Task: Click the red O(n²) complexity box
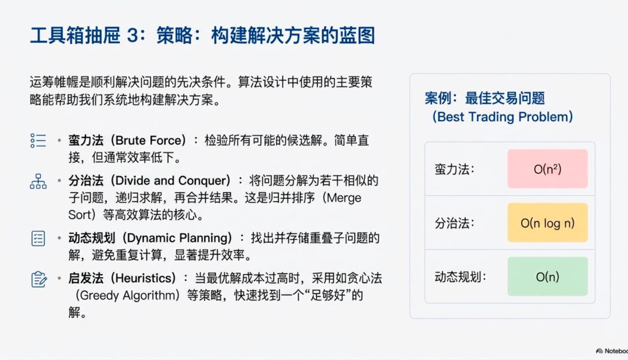tap(547, 169)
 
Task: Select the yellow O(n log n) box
tap(547, 223)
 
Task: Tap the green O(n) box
tap(547, 277)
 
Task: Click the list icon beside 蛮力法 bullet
tap(38, 141)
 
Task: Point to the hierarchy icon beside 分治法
tap(38, 181)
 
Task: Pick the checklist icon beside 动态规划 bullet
tap(38, 238)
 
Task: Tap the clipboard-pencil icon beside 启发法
tap(38, 279)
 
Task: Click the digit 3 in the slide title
tap(131, 36)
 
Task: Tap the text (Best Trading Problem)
tap(503, 117)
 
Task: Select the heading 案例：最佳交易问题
tap(484, 98)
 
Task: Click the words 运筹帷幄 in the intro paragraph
tap(49, 83)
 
